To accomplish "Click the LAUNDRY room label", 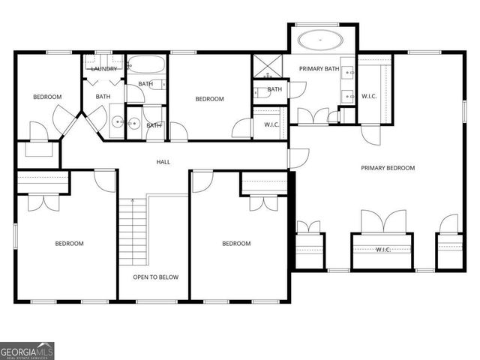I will [103, 69].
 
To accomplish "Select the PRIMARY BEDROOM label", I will [387, 168].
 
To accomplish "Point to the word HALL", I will [163, 162].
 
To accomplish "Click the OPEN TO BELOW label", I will [155, 277].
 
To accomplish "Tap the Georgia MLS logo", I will [27, 350].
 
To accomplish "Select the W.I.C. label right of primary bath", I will [369, 95].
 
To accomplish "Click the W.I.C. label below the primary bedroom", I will [382, 249].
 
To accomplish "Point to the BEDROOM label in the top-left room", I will [46, 97].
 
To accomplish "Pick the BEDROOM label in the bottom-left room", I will [69, 243].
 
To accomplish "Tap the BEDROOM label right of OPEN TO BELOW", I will [235, 243].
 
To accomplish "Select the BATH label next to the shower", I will [274, 89].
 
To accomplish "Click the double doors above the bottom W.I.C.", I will [382, 223].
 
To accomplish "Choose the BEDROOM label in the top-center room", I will [209, 99].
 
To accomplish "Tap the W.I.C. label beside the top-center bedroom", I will [271, 124].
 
